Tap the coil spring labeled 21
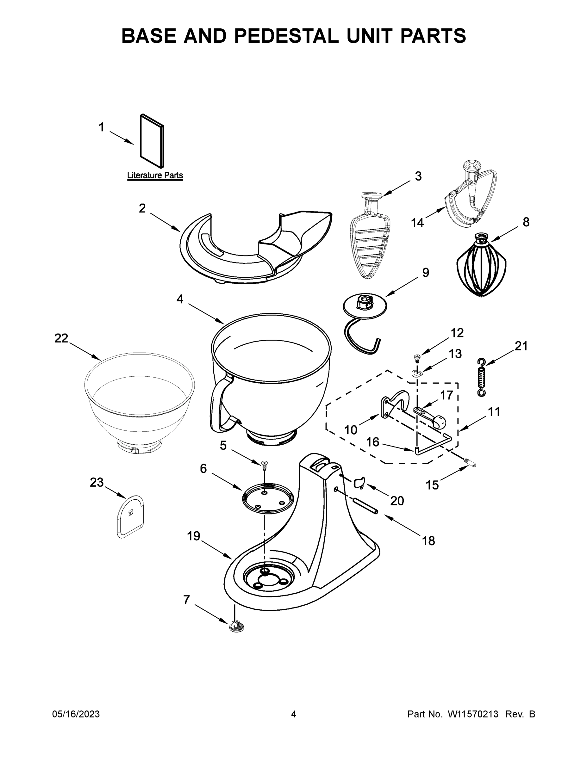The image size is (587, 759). [x=481, y=377]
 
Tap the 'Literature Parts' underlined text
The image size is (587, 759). [x=155, y=176]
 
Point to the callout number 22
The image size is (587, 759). [x=61, y=338]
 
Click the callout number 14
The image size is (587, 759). [x=417, y=223]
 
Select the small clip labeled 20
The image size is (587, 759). [x=359, y=483]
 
